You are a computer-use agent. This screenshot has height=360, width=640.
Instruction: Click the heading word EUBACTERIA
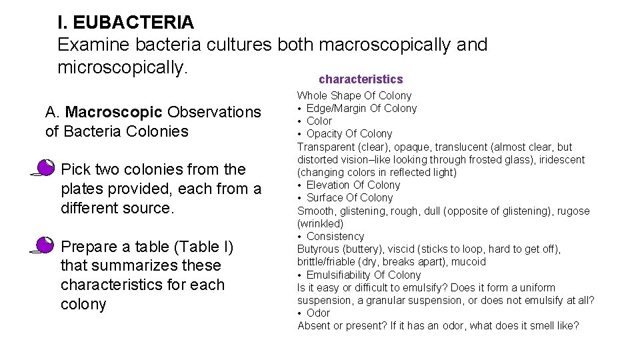click(133, 22)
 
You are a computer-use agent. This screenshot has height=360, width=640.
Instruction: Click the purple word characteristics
click(361, 79)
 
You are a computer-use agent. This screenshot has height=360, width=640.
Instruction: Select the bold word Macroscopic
click(114, 111)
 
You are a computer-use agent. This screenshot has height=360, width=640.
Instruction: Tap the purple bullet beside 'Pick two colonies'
click(45, 169)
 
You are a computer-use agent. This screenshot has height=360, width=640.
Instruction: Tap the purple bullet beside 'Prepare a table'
click(45, 246)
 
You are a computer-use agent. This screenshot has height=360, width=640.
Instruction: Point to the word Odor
click(318, 313)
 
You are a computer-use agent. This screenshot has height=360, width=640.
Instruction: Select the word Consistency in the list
click(335, 236)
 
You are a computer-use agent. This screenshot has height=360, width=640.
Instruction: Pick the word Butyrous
click(319, 249)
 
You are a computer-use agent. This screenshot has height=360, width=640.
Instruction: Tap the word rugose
click(575, 211)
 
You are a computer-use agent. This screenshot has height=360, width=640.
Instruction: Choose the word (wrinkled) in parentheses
click(321, 223)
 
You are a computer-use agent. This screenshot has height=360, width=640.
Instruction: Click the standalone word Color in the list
click(319, 121)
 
